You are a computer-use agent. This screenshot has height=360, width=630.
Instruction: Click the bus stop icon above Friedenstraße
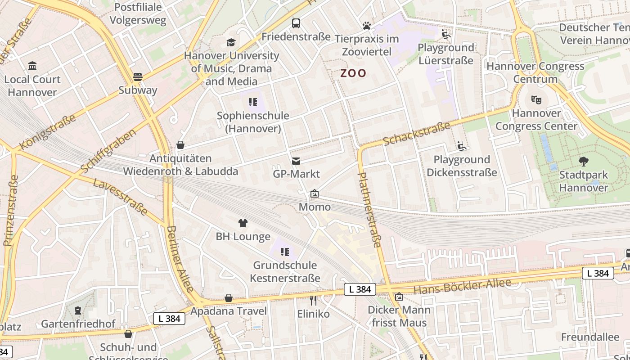pyautogui.click(x=296, y=23)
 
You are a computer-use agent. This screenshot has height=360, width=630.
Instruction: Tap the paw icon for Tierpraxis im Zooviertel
pyautogui.click(x=367, y=26)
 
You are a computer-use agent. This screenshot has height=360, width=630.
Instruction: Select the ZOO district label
pyautogui.click(x=353, y=73)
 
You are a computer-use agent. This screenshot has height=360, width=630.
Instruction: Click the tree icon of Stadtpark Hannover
pyautogui.click(x=584, y=162)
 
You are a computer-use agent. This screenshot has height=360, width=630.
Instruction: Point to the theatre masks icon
pyautogui.click(x=536, y=99)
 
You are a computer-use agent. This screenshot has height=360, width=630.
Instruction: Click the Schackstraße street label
pyautogui.click(x=417, y=133)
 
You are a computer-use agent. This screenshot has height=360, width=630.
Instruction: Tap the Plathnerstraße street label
pyautogui.click(x=369, y=210)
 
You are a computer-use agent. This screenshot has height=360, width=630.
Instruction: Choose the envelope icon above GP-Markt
pyautogui.click(x=296, y=161)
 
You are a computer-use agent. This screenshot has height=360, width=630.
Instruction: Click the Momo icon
pyautogui.click(x=315, y=194)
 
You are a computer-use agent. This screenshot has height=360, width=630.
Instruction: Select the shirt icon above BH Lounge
pyautogui.click(x=243, y=223)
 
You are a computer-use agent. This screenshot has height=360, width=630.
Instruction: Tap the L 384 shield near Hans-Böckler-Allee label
pyautogui.click(x=360, y=289)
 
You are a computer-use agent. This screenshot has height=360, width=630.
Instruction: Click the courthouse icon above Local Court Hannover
pyautogui.click(x=32, y=66)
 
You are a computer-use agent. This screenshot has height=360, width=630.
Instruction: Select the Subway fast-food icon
pyautogui.click(x=138, y=77)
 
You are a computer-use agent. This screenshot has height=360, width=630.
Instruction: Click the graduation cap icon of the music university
pyautogui.click(x=231, y=43)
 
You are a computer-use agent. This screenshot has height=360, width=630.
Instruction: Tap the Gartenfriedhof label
pyautogui.click(x=78, y=324)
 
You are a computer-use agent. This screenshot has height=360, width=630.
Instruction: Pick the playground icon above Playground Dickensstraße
pyautogui.click(x=461, y=146)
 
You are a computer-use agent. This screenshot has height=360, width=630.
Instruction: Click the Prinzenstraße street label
pyautogui.click(x=11, y=210)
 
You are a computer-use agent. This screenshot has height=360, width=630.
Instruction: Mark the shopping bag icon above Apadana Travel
pyautogui.click(x=229, y=298)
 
